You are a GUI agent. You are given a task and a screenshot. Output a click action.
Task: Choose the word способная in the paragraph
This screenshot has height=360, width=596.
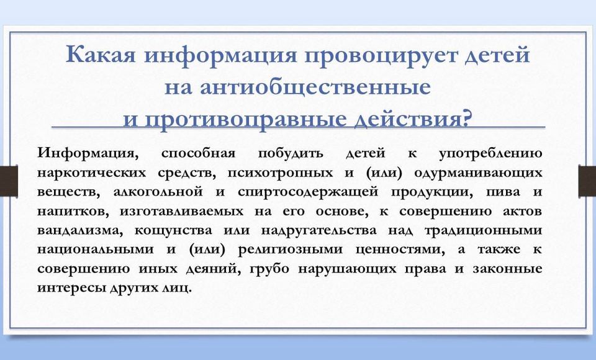198,153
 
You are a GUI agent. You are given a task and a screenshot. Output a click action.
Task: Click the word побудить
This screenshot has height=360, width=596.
291,153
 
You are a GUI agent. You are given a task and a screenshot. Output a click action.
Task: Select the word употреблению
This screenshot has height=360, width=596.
490,154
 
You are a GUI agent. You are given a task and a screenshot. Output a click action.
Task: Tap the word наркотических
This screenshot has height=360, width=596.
92,173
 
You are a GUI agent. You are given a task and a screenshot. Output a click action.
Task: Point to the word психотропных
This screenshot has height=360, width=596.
280,173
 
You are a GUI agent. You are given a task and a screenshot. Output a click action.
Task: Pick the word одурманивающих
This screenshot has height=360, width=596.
478,173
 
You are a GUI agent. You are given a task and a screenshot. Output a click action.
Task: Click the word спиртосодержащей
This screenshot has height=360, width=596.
308,192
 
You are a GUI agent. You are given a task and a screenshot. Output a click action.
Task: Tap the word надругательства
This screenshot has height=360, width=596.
319,231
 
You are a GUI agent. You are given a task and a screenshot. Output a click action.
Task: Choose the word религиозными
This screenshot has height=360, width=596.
291,250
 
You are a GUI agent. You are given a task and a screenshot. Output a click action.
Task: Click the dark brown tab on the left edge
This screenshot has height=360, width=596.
9,181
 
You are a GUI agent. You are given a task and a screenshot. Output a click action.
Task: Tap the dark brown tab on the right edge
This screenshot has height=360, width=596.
587,181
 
